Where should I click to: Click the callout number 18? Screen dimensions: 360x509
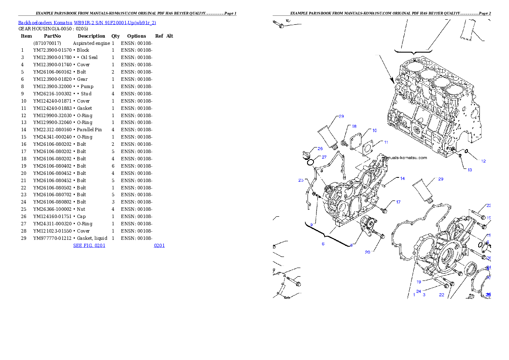(354, 126)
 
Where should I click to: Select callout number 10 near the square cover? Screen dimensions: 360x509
(374, 130)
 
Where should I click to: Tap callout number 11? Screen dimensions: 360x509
(386, 142)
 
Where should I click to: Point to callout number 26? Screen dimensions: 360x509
(320, 149)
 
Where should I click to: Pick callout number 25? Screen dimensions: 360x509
(301, 180)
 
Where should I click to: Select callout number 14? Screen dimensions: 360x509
(402, 179)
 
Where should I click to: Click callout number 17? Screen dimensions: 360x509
(398, 202)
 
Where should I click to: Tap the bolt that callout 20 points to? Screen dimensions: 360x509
(380, 235)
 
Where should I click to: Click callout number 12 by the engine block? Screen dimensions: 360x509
(483, 161)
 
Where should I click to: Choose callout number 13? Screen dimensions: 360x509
(470, 170)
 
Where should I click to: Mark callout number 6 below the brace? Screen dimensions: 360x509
(323, 244)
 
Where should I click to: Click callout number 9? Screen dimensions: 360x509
(312, 224)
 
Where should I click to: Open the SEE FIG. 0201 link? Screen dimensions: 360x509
(89, 245)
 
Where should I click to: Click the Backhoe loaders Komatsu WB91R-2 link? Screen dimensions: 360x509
(87, 23)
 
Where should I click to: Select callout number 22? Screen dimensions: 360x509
(441, 295)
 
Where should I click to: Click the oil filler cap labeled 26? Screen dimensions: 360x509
(307, 155)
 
